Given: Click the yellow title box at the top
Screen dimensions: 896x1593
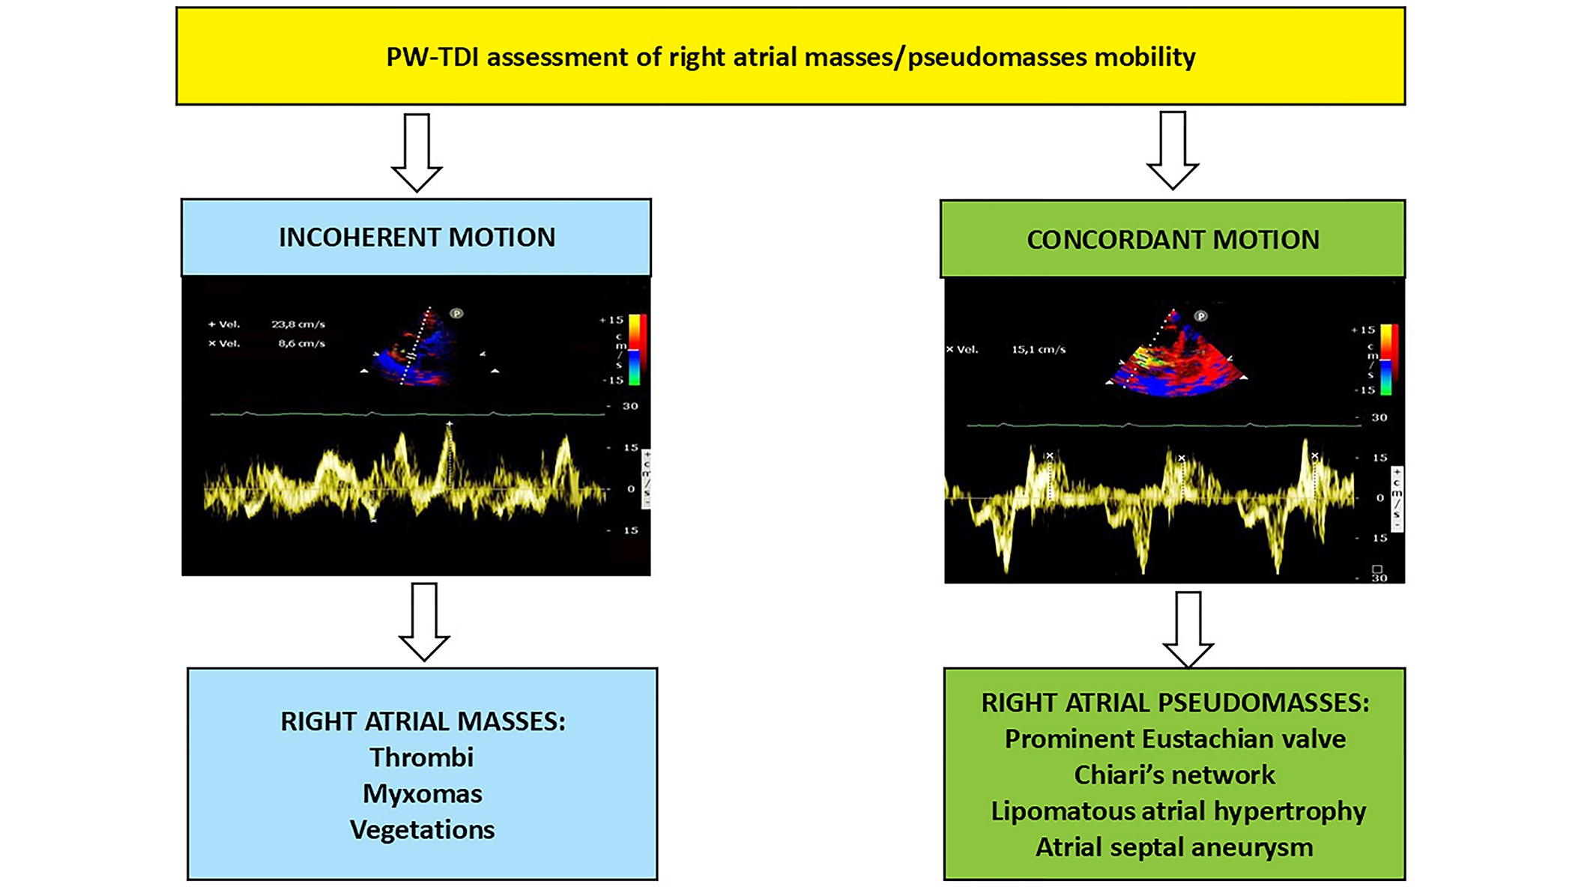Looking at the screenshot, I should pyautogui.click(x=791, y=56).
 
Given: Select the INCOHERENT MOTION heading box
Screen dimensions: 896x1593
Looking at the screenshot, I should pyautogui.click(x=417, y=237).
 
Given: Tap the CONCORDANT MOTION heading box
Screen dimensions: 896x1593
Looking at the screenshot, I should pyautogui.click(x=1173, y=240).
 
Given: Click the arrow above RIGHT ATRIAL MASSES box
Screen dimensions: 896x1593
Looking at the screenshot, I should pyautogui.click(x=424, y=621).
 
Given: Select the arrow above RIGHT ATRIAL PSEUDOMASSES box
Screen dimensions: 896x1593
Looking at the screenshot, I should pyautogui.click(x=1188, y=628).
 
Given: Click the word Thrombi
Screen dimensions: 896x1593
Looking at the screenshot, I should pyautogui.click(x=422, y=757).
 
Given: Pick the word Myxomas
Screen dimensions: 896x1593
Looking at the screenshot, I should pyautogui.click(x=423, y=793).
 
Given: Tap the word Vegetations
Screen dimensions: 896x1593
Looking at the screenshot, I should pyautogui.click(x=423, y=829).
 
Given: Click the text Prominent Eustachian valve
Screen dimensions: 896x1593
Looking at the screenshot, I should pyautogui.click(x=1175, y=739).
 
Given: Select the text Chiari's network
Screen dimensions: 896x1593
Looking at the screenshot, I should pyautogui.click(x=1174, y=775).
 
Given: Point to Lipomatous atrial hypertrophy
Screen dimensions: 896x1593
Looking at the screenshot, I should pyautogui.click(x=1178, y=811).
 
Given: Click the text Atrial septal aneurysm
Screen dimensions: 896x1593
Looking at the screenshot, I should pyautogui.click(x=1174, y=847).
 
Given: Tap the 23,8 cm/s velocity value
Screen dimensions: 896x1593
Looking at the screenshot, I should pyautogui.click(x=298, y=324).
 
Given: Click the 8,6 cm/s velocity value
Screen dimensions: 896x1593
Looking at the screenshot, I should pyautogui.click(x=301, y=344).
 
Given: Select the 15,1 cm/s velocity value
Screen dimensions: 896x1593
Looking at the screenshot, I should pyautogui.click(x=1039, y=349).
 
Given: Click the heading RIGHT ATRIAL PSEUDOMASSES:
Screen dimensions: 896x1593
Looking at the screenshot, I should pyautogui.click(x=1175, y=703).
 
